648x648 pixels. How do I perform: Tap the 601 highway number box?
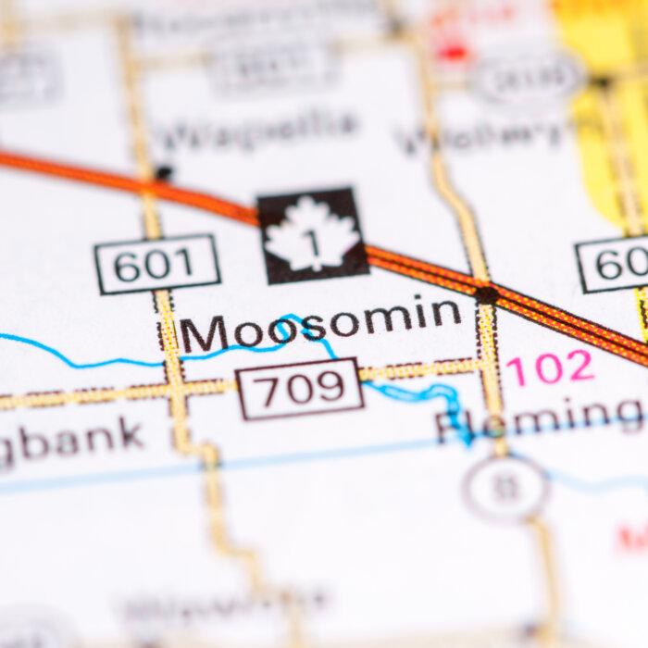pyautogui.click(x=158, y=265)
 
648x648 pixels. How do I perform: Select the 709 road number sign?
pyautogui.click(x=298, y=389)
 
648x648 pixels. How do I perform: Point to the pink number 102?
pyautogui.click(x=549, y=368)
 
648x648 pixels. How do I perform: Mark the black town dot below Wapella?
pyautogui.click(x=164, y=172)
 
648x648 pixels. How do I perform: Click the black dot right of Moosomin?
pyautogui.click(x=485, y=294)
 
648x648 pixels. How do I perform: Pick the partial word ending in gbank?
pyautogui.click(x=69, y=440)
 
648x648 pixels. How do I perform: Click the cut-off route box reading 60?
pyautogui.click(x=615, y=264)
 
